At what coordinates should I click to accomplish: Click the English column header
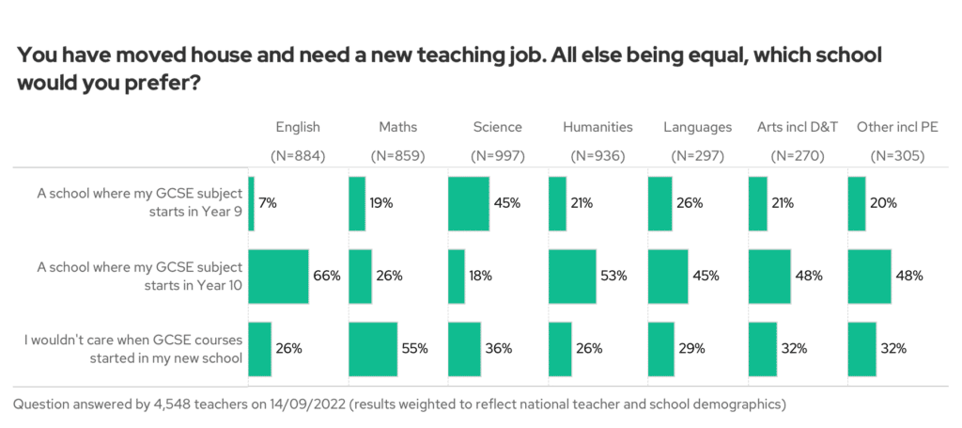pos(297,127)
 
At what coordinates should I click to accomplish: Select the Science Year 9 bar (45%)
pos(469,203)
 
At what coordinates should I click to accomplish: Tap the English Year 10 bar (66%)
pos(278,276)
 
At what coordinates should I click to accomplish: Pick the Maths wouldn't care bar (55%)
pos(372,348)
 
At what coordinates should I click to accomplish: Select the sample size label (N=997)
pos(497,156)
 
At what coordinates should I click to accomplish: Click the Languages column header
pos(697,127)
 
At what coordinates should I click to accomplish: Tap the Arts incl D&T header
pos(797,127)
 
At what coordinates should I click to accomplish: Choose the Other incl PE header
pos(897,127)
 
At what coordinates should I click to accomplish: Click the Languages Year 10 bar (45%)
pos(669,276)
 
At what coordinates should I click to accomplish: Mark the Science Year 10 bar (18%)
pos(457,276)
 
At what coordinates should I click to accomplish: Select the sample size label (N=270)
pos(797,156)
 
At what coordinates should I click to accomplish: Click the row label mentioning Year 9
pos(139,203)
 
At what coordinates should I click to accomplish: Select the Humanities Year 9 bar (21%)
pos(557,203)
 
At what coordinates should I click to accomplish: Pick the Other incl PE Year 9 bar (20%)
pos(856,203)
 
